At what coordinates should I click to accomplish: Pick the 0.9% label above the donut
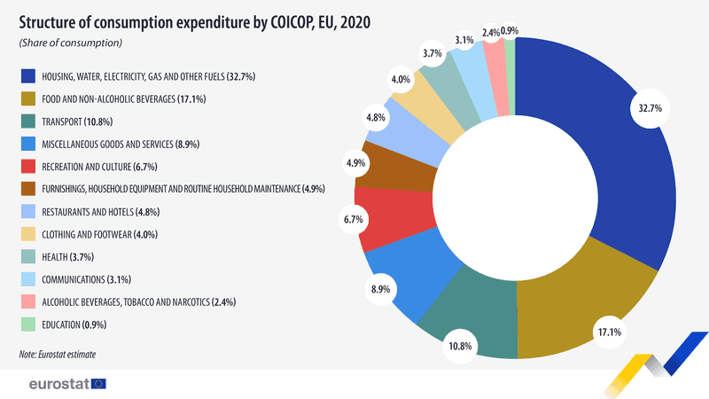(510, 31)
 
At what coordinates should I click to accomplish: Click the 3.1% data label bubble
(464, 40)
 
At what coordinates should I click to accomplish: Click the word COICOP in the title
(258, 19)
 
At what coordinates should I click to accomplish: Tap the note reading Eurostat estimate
(57, 355)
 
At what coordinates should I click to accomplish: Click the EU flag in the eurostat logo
(97, 384)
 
